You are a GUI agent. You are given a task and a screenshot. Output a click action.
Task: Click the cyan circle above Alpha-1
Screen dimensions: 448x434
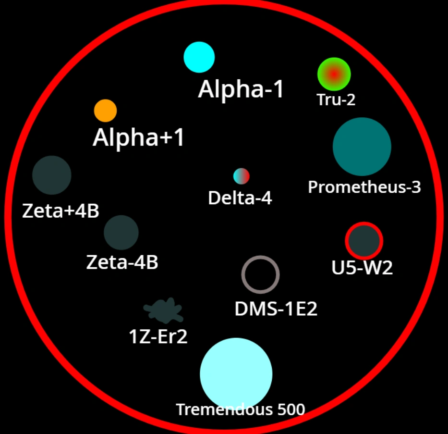[x=199, y=57]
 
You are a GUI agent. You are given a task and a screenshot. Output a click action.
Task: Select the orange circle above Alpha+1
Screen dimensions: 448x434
[x=105, y=111]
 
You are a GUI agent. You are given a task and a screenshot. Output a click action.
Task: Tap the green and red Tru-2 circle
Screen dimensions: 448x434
[x=334, y=74]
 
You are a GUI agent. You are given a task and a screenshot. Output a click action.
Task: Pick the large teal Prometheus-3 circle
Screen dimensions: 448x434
[x=362, y=147]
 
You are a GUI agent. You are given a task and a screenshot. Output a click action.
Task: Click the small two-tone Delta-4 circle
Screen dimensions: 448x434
[x=242, y=176]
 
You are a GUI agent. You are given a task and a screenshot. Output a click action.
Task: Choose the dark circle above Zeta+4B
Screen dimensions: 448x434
[x=52, y=175]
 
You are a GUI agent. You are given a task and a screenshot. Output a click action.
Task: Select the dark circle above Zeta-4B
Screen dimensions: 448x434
[x=121, y=233]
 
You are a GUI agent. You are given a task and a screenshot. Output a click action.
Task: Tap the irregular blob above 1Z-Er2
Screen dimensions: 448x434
[x=164, y=311]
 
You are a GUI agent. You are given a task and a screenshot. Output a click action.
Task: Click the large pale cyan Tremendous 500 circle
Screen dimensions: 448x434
[x=236, y=373]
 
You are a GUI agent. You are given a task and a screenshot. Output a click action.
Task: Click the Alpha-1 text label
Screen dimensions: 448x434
[x=241, y=89]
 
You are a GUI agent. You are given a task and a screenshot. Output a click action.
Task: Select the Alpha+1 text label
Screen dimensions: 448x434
[x=138, y=138]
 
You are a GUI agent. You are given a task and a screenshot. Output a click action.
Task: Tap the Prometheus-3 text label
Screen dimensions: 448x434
[x=364, y=187]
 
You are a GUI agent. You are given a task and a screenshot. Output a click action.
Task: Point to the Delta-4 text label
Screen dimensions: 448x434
[x=240, y=198]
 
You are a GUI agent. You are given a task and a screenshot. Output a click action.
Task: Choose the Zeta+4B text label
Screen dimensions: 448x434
[x=61, y=211]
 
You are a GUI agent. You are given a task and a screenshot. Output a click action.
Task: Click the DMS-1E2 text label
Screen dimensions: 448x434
[x=276, y=309]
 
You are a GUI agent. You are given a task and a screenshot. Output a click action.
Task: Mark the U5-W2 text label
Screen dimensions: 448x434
[x=362, y=268]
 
